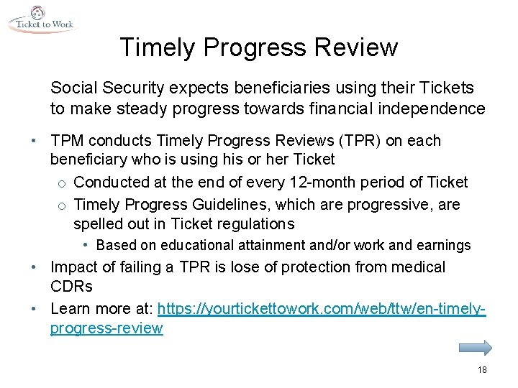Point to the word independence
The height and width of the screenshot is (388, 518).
[x=439, y=108]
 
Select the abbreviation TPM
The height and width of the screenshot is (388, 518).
[x=68, y=141]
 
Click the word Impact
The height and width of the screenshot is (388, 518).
[x=74, y=268]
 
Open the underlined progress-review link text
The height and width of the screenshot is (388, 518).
[x=106, y=328]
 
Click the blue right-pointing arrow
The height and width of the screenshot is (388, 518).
[x=475, y=348]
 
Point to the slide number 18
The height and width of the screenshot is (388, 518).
[x=481, y=369]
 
